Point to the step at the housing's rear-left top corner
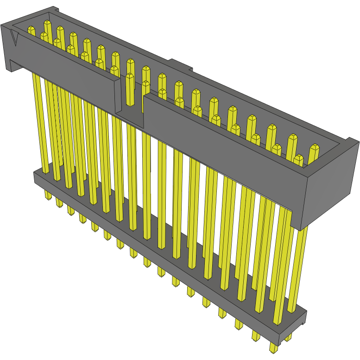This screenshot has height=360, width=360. pyautogui.click(x=55, y=9)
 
